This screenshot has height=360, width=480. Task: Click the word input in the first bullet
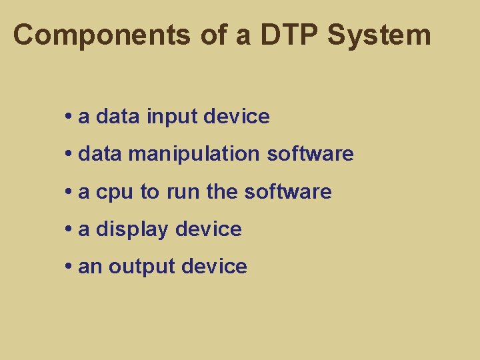pyautogui.click(x=173, y=117)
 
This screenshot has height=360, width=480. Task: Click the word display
pyautogui.click(x=133, y=230)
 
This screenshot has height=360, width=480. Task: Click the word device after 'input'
pyautogui.click(x=237, y=117)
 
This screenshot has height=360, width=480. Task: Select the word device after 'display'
pyautogui.click(x=209, y=230)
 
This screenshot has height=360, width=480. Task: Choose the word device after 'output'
pyautogui.click(x=214, y=267)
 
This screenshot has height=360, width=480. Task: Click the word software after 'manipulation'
pyautogui.click(x=310, y=154)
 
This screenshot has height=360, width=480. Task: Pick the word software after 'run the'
pyautogui.click(x=288, y=192)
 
